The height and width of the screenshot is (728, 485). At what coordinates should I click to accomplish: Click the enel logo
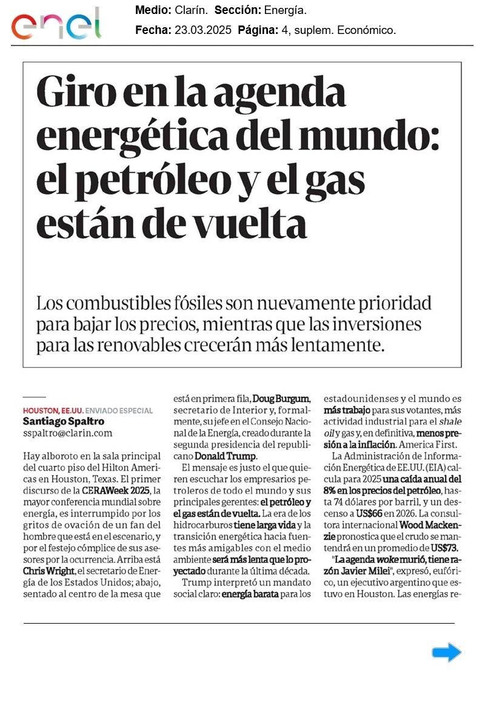(56, 24)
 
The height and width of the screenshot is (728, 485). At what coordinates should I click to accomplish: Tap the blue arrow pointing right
(447, 653)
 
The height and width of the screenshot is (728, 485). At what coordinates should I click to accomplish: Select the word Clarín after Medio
(191, 10)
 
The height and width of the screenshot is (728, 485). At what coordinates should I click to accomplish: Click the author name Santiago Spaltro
(63, 421)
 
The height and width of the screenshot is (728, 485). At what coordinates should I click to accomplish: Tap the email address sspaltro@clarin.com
(67, 433)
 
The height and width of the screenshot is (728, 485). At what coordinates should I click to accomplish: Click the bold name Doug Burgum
(281, 399)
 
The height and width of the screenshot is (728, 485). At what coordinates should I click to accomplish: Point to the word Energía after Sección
(285, 10)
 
